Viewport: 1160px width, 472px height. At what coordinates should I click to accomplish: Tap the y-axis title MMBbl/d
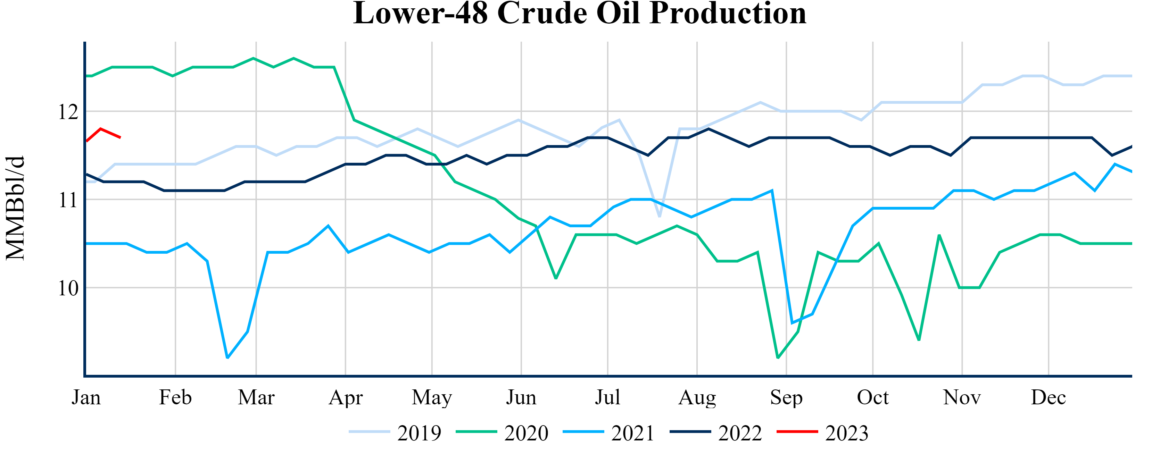pyautogui.click(x=15, y=208)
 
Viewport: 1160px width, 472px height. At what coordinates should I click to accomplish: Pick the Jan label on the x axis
pyautogui.click(x=86, y=397)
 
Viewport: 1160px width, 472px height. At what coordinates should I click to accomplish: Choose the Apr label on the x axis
pyautogui.click(x=345, y=397)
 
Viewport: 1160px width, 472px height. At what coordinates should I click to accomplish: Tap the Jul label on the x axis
pyautogui.click(x=607, y=397)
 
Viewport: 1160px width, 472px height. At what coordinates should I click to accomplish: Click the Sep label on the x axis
pyautogui.click(x=786, y=397)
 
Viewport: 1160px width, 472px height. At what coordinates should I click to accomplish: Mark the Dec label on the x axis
pyautogui.click(x=1048, y=397)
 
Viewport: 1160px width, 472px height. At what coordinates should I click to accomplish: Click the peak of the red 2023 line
pyautogui.click(x=100, y=129)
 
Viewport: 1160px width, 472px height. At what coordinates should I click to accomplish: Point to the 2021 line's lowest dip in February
pyautogui.click(x=227, y=358)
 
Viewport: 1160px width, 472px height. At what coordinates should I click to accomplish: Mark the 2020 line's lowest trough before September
pyautogui.click(x=778, y=358)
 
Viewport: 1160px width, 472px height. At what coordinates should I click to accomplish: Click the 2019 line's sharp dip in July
pyautogui.click(x=660, y=217)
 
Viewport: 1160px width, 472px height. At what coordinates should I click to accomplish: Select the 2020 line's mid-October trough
pyautogui.click(x=919, y=340)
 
